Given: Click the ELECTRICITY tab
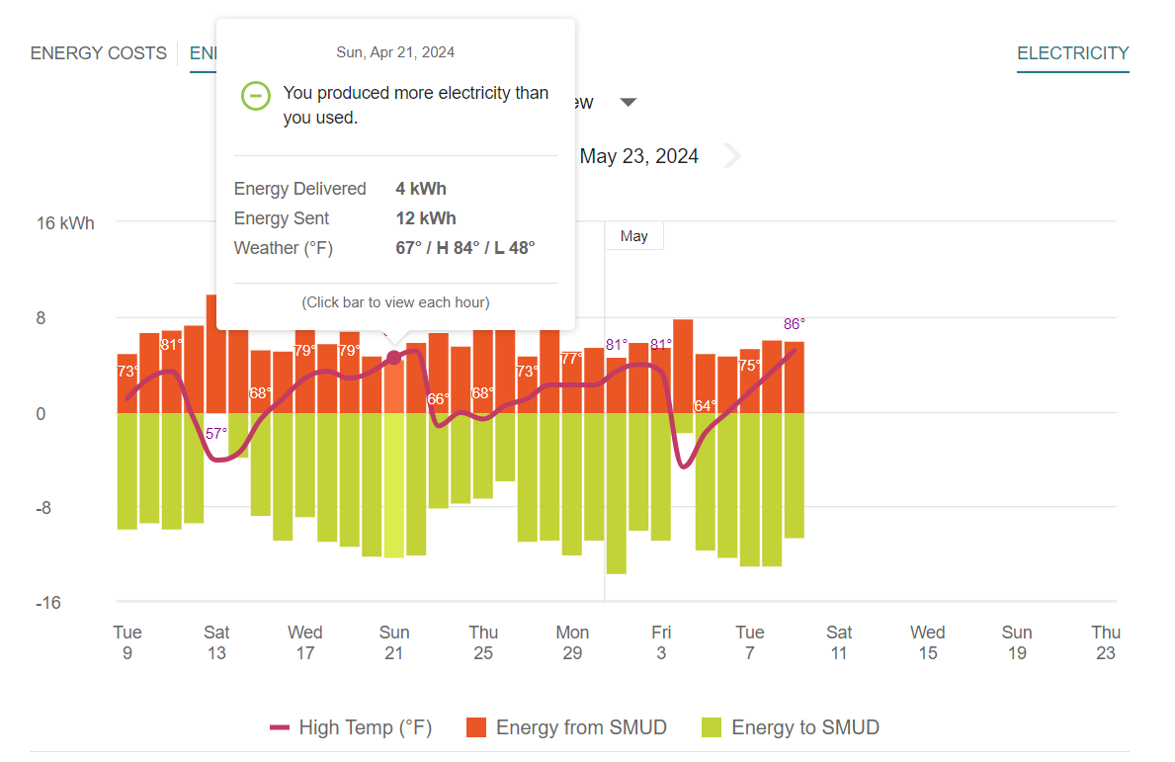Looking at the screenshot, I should coord(1072,53).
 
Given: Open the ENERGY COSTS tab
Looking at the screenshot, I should coord(99,53).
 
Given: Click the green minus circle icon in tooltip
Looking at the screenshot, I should coord(256,96).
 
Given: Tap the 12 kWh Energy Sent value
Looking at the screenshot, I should coord(426,218).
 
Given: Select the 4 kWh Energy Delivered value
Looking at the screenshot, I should coord(421,189).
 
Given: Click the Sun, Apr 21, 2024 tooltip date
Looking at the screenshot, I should coord(395,52).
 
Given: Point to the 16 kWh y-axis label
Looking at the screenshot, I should coord(65,223).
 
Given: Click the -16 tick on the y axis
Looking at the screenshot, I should coord(48,603).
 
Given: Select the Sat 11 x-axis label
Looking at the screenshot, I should coord(839,642).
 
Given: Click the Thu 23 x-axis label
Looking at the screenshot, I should coord(1106,642).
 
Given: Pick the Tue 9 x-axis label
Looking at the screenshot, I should coord(127,642).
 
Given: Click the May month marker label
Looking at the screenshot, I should coord(634,236).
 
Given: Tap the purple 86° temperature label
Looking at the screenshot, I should coord(795,324).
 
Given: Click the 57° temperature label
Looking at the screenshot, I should coord(216,433).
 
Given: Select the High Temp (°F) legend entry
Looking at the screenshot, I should coord(351,728).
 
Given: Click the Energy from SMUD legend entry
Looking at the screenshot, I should coord(566,728).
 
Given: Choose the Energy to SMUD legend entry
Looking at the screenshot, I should coord(791,728).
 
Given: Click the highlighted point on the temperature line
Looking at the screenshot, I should coord(393,357).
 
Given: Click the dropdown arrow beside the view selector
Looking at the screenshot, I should coord(629,103).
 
